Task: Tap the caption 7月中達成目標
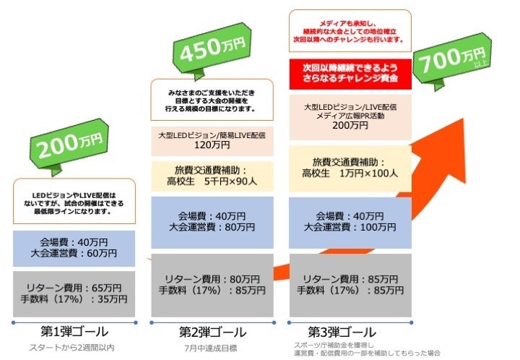[212, 348]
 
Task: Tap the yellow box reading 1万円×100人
[350, 168]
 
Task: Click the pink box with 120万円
[212, 140]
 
